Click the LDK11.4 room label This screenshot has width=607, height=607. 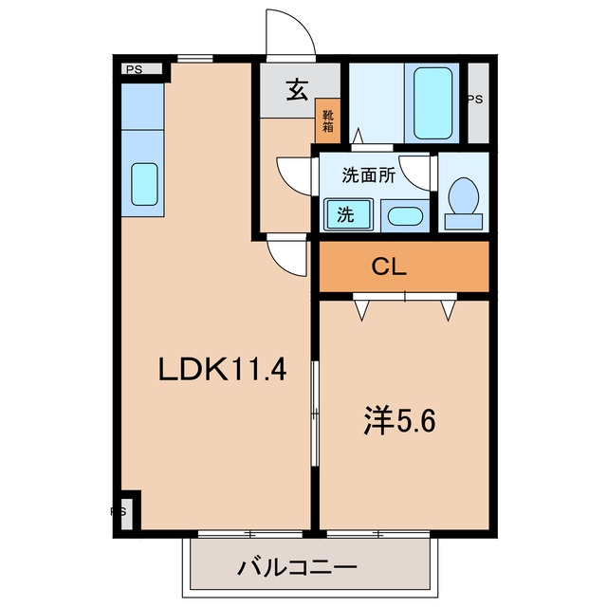(x=223, y=370)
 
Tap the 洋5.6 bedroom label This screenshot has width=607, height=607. (x=399, y=421)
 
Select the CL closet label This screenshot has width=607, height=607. (x=389, y=267)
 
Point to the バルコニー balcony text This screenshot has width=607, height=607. (x=297, y=568)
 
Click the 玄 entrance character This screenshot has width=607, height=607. (x=297, y=90)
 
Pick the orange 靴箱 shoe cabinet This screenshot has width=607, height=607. (x=327, y=120)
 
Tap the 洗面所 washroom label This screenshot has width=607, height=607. (x=369, y=176)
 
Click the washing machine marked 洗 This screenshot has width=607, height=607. (x=348, y=214)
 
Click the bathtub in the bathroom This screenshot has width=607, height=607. (x=432, y=103)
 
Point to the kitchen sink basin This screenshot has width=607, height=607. (x=144, y=184)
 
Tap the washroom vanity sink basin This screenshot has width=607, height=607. (x=405, y=216)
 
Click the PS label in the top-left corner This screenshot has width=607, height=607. (x=134, y=69)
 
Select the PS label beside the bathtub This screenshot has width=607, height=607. (x=475, y=100)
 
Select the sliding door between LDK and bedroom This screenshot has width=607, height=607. (x=316, y=414)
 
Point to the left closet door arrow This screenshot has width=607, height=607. (x=361, y=311)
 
